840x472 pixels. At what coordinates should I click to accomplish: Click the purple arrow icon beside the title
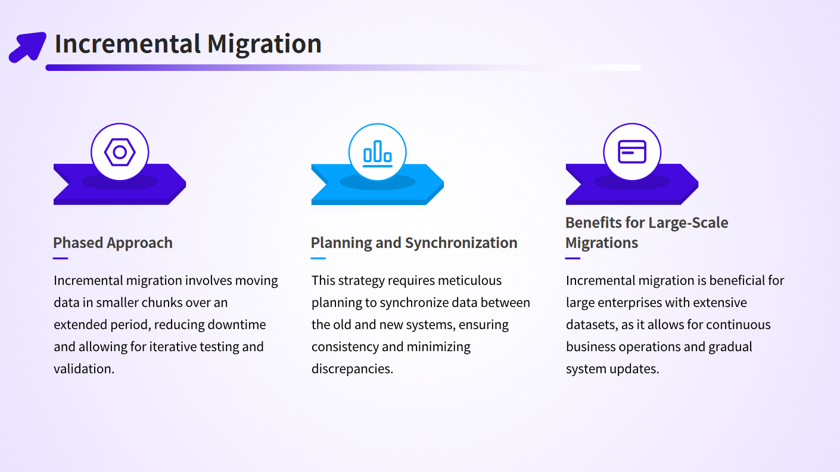27,47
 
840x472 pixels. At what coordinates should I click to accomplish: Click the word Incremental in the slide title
127,44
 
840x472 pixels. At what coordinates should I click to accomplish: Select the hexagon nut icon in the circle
120,152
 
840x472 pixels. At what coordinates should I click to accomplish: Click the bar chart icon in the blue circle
378,153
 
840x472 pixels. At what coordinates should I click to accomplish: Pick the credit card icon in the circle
632,152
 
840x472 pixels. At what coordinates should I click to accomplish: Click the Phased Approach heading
113,243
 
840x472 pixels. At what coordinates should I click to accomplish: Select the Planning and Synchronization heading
414,243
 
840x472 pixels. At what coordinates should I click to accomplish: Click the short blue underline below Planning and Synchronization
318,258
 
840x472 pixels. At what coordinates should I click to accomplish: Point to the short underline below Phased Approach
60,258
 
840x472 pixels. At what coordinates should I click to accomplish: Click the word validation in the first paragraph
83,369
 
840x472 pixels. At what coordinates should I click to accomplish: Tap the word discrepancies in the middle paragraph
352,369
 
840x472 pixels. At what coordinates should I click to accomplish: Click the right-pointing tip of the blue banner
443,184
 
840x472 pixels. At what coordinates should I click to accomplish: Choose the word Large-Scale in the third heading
688,223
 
